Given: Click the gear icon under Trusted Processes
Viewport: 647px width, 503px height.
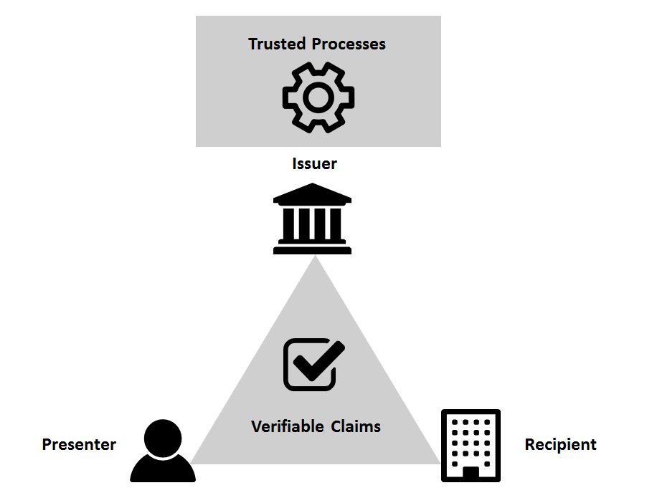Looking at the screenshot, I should pyautogui.click(x=318, y=98).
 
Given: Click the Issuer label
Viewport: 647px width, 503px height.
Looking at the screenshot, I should pyautogui.click(x=314, y=164).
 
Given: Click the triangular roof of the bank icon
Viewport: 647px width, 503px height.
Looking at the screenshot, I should pyautogui.click(x=312, y=194).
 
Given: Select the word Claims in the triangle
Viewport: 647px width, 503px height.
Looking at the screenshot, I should pyautogui.click(x=356, y=427).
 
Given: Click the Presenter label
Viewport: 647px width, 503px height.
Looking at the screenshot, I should pyautogui.click(x=79, y=444).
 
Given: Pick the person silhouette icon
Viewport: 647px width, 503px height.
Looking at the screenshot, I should pyautogui.click(x=163, y=451).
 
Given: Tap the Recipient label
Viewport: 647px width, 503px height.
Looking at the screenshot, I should pyautogui.click(x=560, y=444).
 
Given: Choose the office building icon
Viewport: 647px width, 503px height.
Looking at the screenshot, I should pyautogui.click(x=471, y=446).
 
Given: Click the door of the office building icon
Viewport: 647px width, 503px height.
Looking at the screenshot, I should pyautogui.click(x=471, y=473).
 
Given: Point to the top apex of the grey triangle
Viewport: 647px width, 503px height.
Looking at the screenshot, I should pyautogui.click(x=315, y=259).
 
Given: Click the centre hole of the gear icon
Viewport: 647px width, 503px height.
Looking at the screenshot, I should pyautogui.click(x=318, y=98).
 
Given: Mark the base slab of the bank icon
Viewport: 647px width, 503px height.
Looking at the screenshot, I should pyautogui.click(x=312, y=249).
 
